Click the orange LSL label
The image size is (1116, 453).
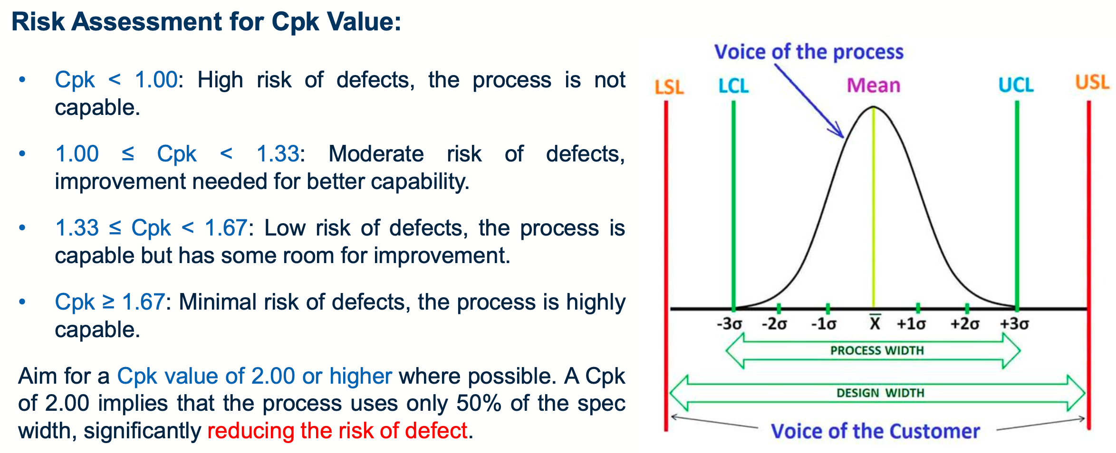pos(669,87)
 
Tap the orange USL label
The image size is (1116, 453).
pos(1092,83)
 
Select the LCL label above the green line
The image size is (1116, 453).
pos(733,86)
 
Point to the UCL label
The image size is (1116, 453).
pos(1016,85)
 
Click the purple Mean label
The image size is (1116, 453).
pos(874,85)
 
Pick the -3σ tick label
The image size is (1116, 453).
pos(729,324)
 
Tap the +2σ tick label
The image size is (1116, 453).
pos(964,324)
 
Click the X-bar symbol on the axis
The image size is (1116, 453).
pos(875,323)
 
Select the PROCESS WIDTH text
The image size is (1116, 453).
pos(877,350)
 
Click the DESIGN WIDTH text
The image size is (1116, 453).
pos(880,393)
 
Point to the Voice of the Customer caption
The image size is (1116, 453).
pos(875,431)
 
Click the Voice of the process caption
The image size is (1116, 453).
pos(808,52)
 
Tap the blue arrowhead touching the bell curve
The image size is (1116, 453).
pos(840,133)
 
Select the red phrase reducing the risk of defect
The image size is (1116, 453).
pos(337,431)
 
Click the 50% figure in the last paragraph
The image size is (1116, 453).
pos(479,403)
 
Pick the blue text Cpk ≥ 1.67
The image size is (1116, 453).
pos(109,302)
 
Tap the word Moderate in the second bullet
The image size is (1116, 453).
pos(376,154)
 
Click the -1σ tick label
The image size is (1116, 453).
pos(823,324)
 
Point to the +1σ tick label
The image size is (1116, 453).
pos(911,324)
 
